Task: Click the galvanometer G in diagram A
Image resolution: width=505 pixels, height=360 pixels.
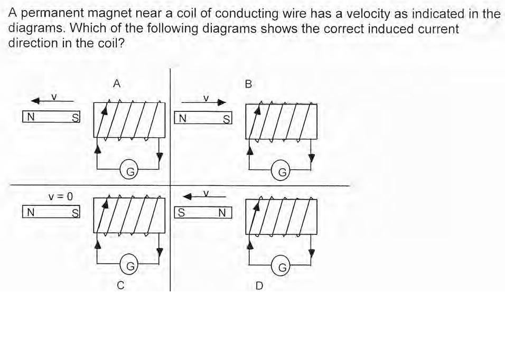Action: click(x=129, y=169)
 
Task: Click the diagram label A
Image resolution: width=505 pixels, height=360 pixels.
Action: click(x=117, y=84)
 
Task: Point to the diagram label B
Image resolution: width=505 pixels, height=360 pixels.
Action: click(x=248, y=84)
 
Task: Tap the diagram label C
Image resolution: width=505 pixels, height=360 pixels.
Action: click(x=120, y=286)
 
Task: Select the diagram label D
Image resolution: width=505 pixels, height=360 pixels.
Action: click(x=259, y=286)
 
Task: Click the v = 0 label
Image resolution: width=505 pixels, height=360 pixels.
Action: click(x=61, y=196)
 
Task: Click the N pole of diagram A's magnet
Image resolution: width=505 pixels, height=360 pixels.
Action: click(x=31, y=117)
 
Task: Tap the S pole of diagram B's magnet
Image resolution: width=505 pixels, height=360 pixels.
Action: click(x=227, y=119)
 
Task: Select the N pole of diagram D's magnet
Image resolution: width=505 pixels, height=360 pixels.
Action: click(x=222, y=213)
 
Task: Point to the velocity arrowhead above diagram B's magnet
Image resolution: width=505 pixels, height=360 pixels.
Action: click(x=222, y=102)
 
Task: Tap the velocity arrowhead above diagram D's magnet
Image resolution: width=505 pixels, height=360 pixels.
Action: click(x=188, y=196)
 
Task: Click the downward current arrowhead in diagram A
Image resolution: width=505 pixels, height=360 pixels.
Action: click(x=159, y=157)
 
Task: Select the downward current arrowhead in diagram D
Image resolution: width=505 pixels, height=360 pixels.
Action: click(x=311, y=253)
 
